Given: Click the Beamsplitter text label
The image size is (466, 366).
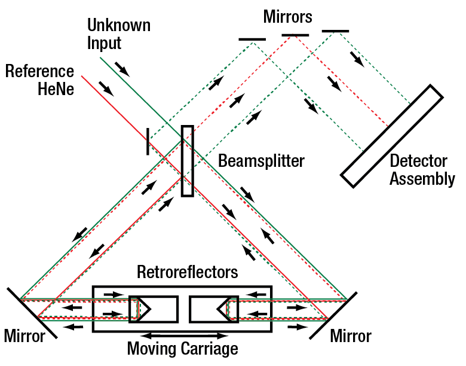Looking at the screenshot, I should [261, 161].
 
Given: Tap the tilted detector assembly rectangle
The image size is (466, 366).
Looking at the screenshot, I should [392, 133].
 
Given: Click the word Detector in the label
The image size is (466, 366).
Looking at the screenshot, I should [418, 161].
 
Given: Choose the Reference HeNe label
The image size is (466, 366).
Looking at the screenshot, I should [39, 80].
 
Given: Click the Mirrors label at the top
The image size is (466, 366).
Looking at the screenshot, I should [287, 17].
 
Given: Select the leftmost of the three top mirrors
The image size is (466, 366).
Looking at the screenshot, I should [252, 39].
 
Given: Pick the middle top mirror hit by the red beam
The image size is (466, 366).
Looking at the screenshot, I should [295, 35].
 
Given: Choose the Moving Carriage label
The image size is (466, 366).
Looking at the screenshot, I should [182, 349].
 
